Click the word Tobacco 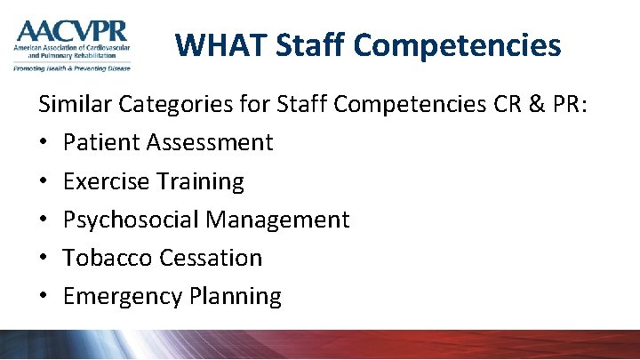tap(108, 258)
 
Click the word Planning tap(234, 296)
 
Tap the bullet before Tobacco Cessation tap(44, 259)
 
